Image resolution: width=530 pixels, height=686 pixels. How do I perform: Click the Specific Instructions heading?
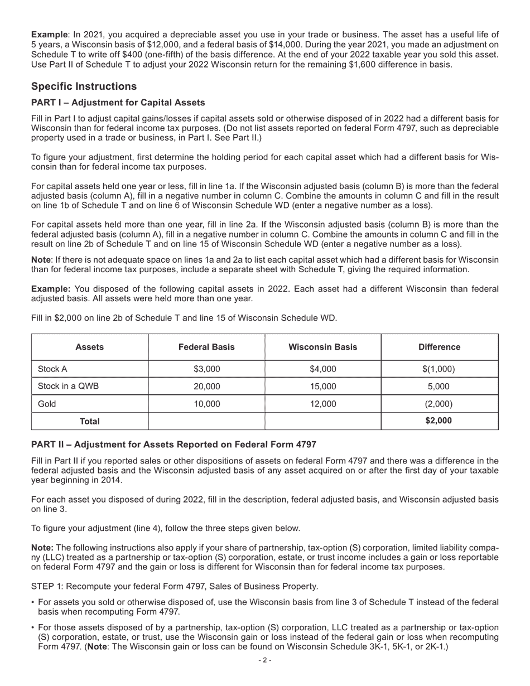click(84, 86)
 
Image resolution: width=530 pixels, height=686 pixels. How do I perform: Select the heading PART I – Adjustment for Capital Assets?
click(118, 103)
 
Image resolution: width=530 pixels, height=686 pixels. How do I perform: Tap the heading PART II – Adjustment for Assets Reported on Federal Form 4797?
click(174, 445)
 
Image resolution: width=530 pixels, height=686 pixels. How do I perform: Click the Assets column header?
click(89, 347)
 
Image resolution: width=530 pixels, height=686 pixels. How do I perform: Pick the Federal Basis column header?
click(206, 347)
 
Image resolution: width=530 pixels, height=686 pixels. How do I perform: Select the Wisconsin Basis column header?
click(322, 347)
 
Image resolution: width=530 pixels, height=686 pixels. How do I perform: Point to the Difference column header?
click(439, 347)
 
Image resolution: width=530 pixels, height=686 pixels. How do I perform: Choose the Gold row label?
click(47, 404)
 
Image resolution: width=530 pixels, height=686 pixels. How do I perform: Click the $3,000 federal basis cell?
click(206, 369)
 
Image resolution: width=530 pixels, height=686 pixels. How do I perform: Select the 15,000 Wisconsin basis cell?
click(322, 387)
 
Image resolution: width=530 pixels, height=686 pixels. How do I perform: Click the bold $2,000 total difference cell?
click(439, 421)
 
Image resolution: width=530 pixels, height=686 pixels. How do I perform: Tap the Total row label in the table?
click(89, 421)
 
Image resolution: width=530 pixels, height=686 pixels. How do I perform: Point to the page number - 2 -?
click(264, 660)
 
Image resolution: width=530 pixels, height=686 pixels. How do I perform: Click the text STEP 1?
click(47, 586)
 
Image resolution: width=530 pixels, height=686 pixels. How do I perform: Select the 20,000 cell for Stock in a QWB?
click(206, 387)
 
